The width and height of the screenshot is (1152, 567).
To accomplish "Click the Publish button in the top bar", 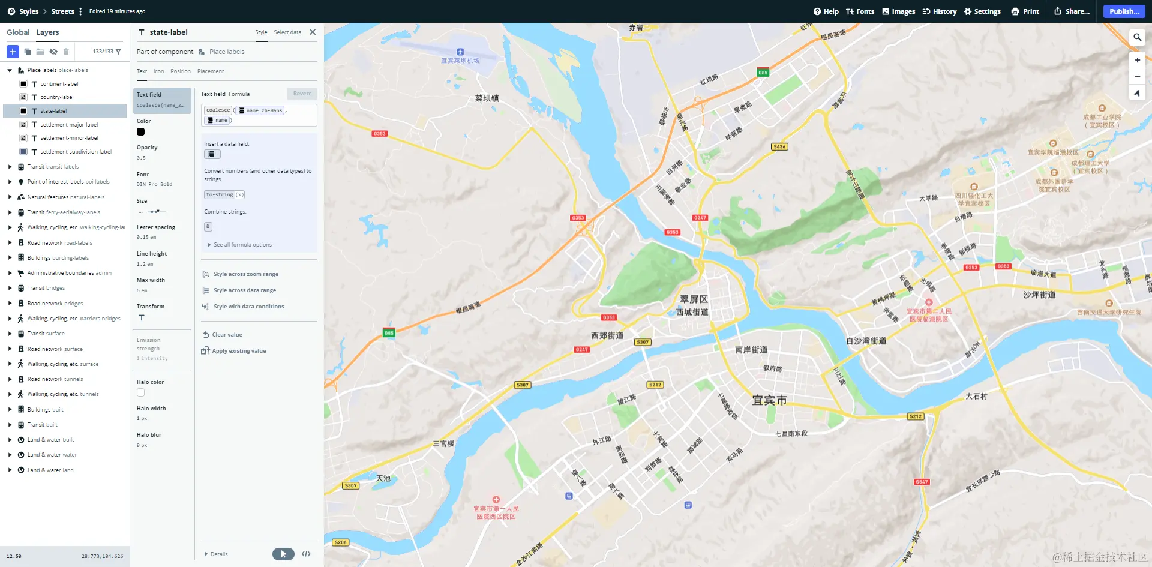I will [x=1123, y=11].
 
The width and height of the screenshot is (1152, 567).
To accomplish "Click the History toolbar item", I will [x=940, y=11].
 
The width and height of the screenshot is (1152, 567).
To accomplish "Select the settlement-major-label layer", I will [x=69, y=125].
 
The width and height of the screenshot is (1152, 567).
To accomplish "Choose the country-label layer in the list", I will [x=57, y=97].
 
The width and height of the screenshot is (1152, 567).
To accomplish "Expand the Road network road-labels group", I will [x=10, y=243].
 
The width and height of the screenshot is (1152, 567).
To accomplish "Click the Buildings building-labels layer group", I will [x=58, y=258].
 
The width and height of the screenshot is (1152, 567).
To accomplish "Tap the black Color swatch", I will [x=141, y=132].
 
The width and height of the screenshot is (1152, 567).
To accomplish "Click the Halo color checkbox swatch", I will [x=141, y=392].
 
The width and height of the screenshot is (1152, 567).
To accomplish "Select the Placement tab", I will [x=211, y=71].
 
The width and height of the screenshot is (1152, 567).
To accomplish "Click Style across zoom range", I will [x=245, y=274].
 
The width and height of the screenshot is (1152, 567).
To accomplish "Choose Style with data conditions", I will [x=248, y=307].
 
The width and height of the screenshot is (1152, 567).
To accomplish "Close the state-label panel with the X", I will [x=313, y=32].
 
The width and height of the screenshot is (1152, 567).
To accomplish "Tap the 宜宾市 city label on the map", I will [x=769, y=400].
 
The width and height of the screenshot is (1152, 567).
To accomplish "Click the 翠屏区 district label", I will [x=694, y=299].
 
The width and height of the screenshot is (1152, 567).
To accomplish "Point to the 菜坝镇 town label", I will [x=487, y=98].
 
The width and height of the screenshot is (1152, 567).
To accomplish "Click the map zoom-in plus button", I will [x=1137, y=60].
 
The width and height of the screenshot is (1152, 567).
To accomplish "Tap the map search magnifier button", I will [x=1137, y=37].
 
